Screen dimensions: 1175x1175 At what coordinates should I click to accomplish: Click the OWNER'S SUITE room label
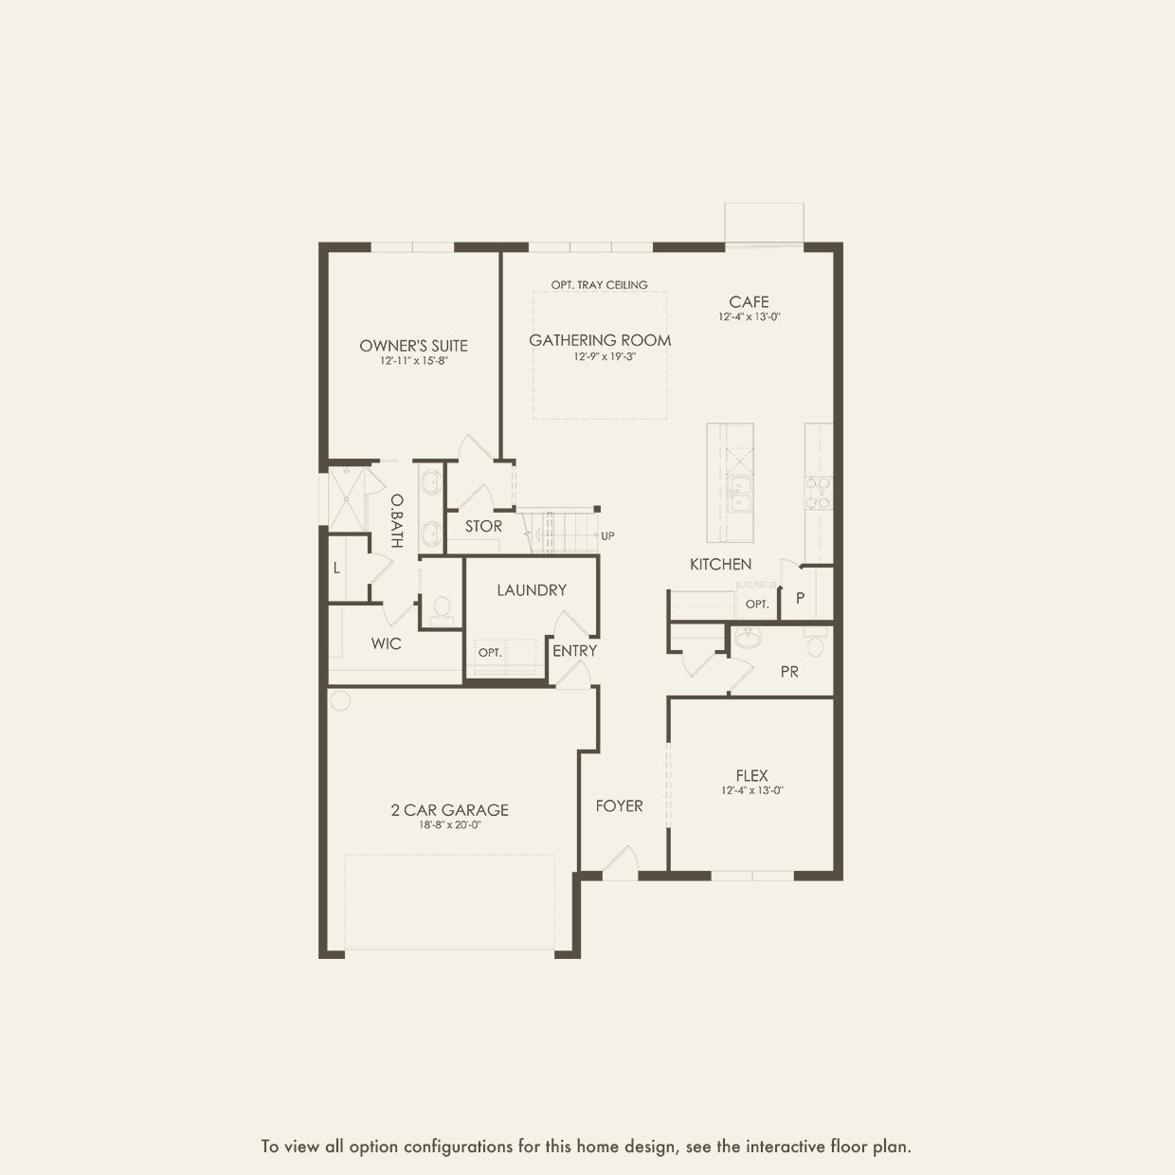[x=413, y=346]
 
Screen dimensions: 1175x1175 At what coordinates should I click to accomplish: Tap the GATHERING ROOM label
[x=600, y=340]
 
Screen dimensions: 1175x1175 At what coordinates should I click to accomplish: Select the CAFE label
[x=749, y=302]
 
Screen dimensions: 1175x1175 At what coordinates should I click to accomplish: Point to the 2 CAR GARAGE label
[x=449, y=810]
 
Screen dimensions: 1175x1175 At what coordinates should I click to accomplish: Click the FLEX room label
[x=751, y=776]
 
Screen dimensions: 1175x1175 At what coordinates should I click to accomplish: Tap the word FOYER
[x=619, y=806]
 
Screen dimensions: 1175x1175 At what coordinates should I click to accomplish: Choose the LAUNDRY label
[x=532, y=590]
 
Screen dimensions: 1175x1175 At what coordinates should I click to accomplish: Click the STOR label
[x=483, y=526]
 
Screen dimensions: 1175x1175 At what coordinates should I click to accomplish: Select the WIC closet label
[x=386, y=643]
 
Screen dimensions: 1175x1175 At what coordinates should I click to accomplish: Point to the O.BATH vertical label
[x=396, y=521]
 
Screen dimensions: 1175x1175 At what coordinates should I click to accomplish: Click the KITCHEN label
[x=720, y=564]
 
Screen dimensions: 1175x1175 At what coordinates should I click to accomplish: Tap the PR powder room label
[x=789, y=672]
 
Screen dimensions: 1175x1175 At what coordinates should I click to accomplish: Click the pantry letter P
[x=800, y=598]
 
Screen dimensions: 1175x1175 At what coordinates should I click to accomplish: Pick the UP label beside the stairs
[x=607, y=536]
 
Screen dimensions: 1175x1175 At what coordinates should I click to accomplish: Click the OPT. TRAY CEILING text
[x=599, y=285]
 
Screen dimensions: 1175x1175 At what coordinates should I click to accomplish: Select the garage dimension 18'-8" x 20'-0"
[x=450, y=825]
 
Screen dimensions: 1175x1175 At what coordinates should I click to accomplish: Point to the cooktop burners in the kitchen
[x=819, y=494]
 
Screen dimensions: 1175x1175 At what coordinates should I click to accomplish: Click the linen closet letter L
[x=336, y=569]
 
